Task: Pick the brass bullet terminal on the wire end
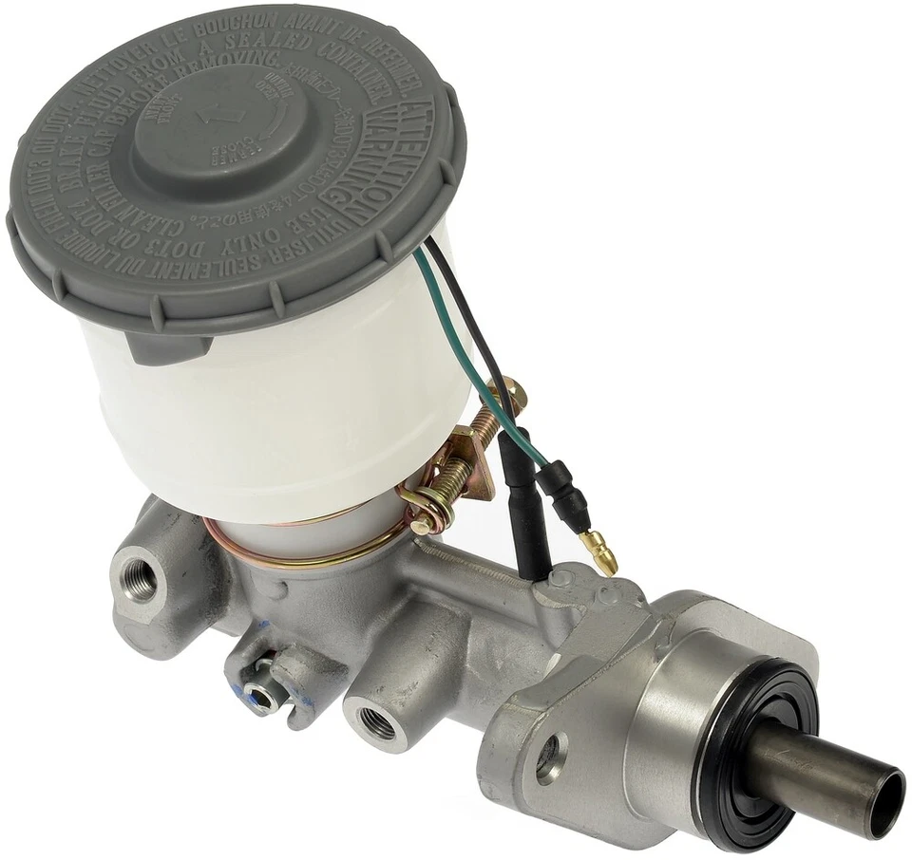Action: click(x=600, y=552)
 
